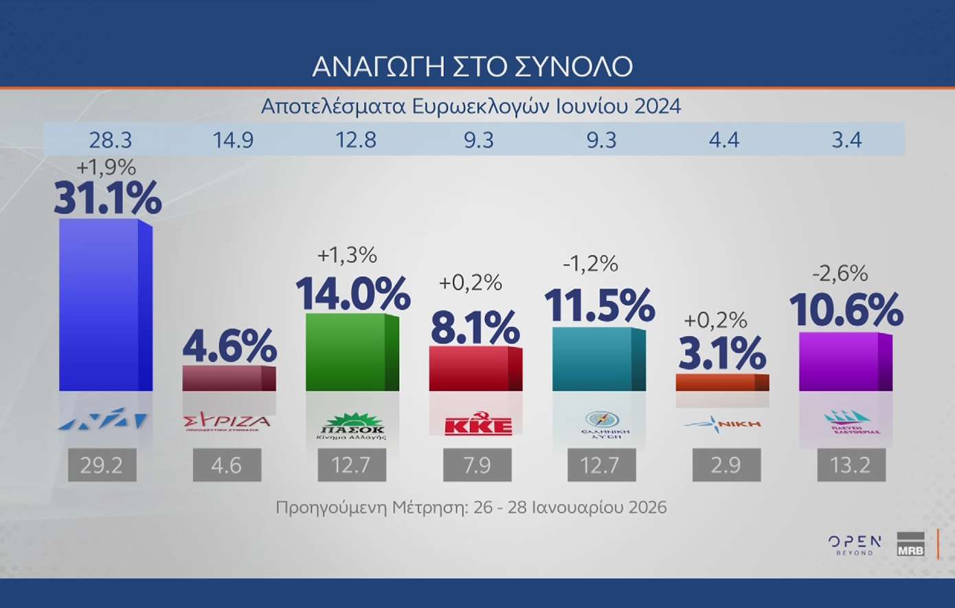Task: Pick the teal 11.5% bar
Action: pos(598,359)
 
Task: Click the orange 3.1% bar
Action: pos(721,383)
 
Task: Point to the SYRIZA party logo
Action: pos(227,422)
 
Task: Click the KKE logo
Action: pos(478,425)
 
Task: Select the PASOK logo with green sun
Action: pos(352,425)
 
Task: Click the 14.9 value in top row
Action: pos(233,140)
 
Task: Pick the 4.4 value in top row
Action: pos(724,140)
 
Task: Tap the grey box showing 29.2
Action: pos(102,465)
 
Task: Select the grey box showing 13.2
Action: pos(851,465)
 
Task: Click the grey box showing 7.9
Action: pos(477,465)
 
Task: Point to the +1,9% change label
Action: pos(106,167)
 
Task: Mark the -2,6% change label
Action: pos(840,273)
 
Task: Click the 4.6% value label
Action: pos(229,346)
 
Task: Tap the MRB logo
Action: pos(910,544)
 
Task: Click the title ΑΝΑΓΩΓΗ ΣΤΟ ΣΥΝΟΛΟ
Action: pos(473,67)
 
